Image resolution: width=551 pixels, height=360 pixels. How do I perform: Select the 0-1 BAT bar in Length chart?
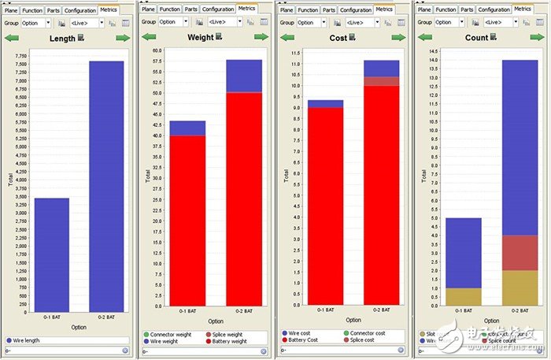52,251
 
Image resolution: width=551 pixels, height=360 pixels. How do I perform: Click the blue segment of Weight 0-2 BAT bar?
244,76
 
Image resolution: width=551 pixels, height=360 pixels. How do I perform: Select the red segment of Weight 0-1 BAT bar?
189,220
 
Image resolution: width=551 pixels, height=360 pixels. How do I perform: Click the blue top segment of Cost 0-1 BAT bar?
326,103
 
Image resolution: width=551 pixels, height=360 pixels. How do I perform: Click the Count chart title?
478,37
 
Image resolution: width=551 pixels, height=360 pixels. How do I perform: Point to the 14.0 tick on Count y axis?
433,61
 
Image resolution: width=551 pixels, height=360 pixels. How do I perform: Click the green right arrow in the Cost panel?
398,37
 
